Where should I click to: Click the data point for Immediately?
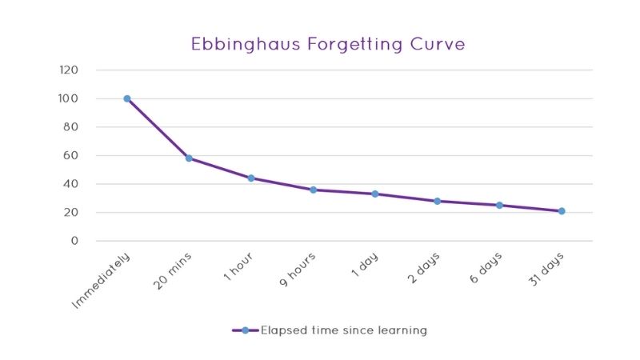127,98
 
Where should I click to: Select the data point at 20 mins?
189,158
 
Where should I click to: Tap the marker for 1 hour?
251,178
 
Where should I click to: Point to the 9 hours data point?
314,190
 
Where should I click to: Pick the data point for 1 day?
375,194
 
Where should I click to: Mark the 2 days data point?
438,201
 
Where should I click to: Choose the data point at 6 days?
499,206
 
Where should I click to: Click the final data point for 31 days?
562,211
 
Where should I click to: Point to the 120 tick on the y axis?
69,70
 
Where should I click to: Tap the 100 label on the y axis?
69,98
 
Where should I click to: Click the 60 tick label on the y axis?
71,155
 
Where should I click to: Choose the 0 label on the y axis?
74,241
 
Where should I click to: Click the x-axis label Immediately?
102,280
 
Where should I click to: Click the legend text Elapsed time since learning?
344,330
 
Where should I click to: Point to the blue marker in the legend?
245,330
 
